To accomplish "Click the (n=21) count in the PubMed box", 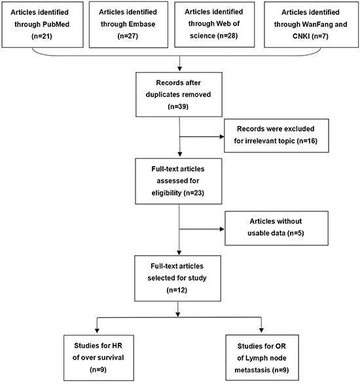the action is [42, 37].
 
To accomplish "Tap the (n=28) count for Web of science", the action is [227, 36].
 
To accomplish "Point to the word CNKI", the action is [301, 36].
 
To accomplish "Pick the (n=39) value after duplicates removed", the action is [178, 107].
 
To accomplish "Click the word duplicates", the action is [162, 95].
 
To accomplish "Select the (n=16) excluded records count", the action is [307, 141].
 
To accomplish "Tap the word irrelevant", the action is [264, 141].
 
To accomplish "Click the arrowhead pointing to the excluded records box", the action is [222, 137].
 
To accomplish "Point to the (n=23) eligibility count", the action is [194, 193].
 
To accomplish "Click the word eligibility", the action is [166, 193].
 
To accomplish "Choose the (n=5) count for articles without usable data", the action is [296, 233].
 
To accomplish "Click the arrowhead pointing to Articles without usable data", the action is [222, 229].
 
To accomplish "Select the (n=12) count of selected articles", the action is [177, 290].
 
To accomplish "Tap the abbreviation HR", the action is [117, 345].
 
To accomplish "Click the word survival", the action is [112, 358].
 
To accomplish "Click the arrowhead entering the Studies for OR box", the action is [261, 330].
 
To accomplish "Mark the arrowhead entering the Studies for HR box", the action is [97, 330].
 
